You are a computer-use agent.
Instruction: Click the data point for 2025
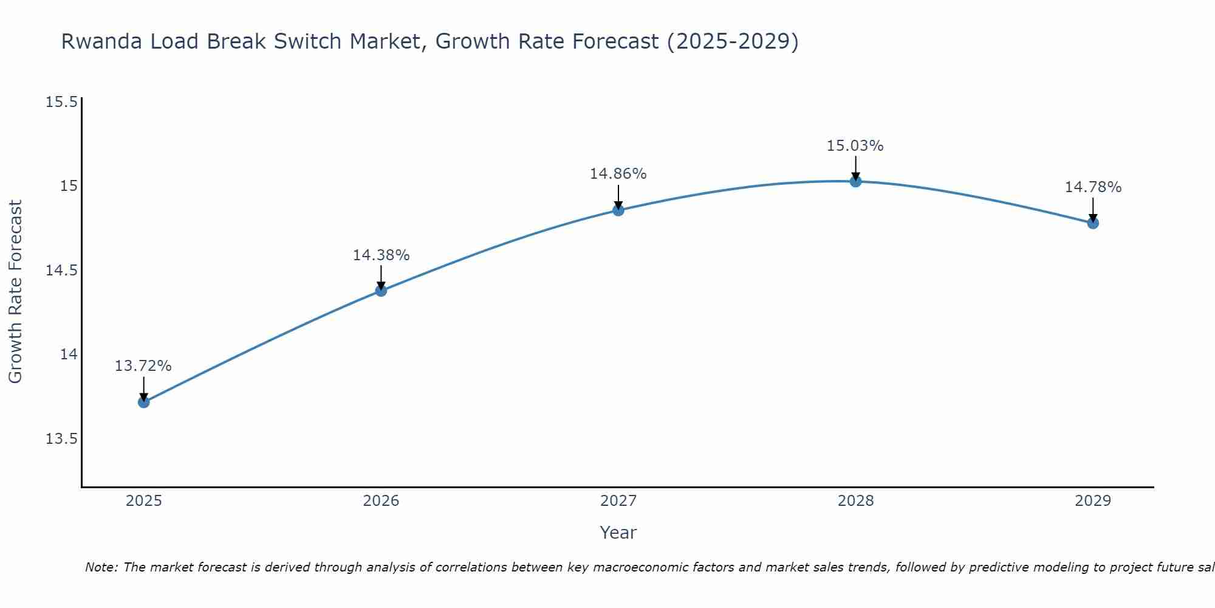click(144, 402)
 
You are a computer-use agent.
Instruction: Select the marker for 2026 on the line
click(381, 291)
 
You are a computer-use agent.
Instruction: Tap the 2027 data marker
click(618, 210)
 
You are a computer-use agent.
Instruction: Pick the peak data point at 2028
click(855, 181)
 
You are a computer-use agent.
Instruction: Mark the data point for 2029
click(1093, 223)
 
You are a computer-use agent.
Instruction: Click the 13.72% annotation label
click(143, 366)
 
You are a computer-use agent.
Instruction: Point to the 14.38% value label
click(381, 255)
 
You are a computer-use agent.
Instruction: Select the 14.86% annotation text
click(618, 174)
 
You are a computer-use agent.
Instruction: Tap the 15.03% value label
click(855, 146)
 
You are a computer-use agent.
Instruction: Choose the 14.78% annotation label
click(1093, 187)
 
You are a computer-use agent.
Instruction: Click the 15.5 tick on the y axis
click(61, 102)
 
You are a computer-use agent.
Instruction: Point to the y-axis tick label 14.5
click(61, 270)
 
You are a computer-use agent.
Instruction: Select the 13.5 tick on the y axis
click(61, 439)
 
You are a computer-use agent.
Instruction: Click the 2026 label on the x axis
click(381, 501)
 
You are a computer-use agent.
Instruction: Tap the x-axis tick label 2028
click(855, 501)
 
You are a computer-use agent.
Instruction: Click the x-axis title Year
click(618, 533)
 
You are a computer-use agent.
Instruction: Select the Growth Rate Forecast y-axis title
click(15, 292)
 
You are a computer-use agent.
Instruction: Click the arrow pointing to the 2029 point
click(1093, 209)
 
